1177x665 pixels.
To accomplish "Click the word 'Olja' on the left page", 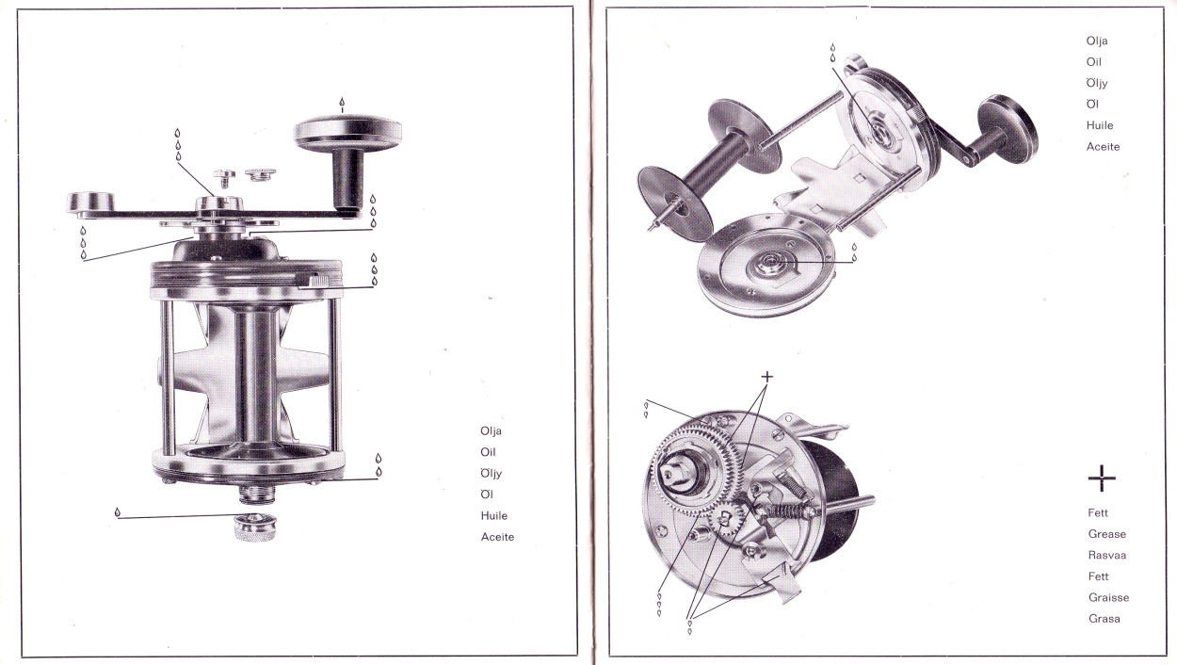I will [491, 431].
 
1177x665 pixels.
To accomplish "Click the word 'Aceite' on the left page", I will [497, 537].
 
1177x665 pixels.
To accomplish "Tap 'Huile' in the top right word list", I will [1099, 125].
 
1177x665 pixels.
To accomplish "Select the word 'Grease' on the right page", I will [1106, 534].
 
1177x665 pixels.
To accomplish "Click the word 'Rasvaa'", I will [1107, 555].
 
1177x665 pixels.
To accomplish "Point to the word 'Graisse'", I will [1108, 597].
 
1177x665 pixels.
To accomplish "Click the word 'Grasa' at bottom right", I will [1104, 619].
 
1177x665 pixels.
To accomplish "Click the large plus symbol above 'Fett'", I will [1102, 478].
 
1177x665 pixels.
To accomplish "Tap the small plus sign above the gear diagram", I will [767, 376].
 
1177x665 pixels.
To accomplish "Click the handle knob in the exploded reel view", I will [1008, 122].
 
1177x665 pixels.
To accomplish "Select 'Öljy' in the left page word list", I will [492, 473].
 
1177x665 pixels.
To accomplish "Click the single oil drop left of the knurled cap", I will [118, 513].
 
